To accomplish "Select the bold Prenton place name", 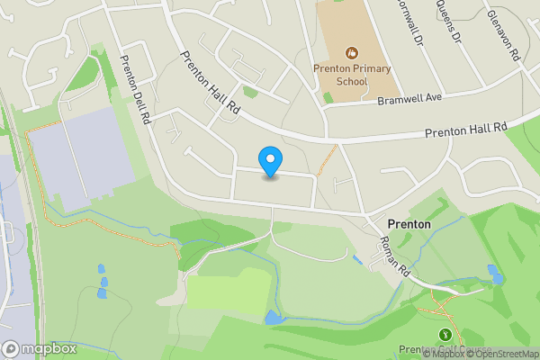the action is click(409, 223).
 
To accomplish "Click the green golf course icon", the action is click(445, 335).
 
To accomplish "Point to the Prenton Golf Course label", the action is click(445, 350).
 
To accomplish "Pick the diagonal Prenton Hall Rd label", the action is click(211, 82).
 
